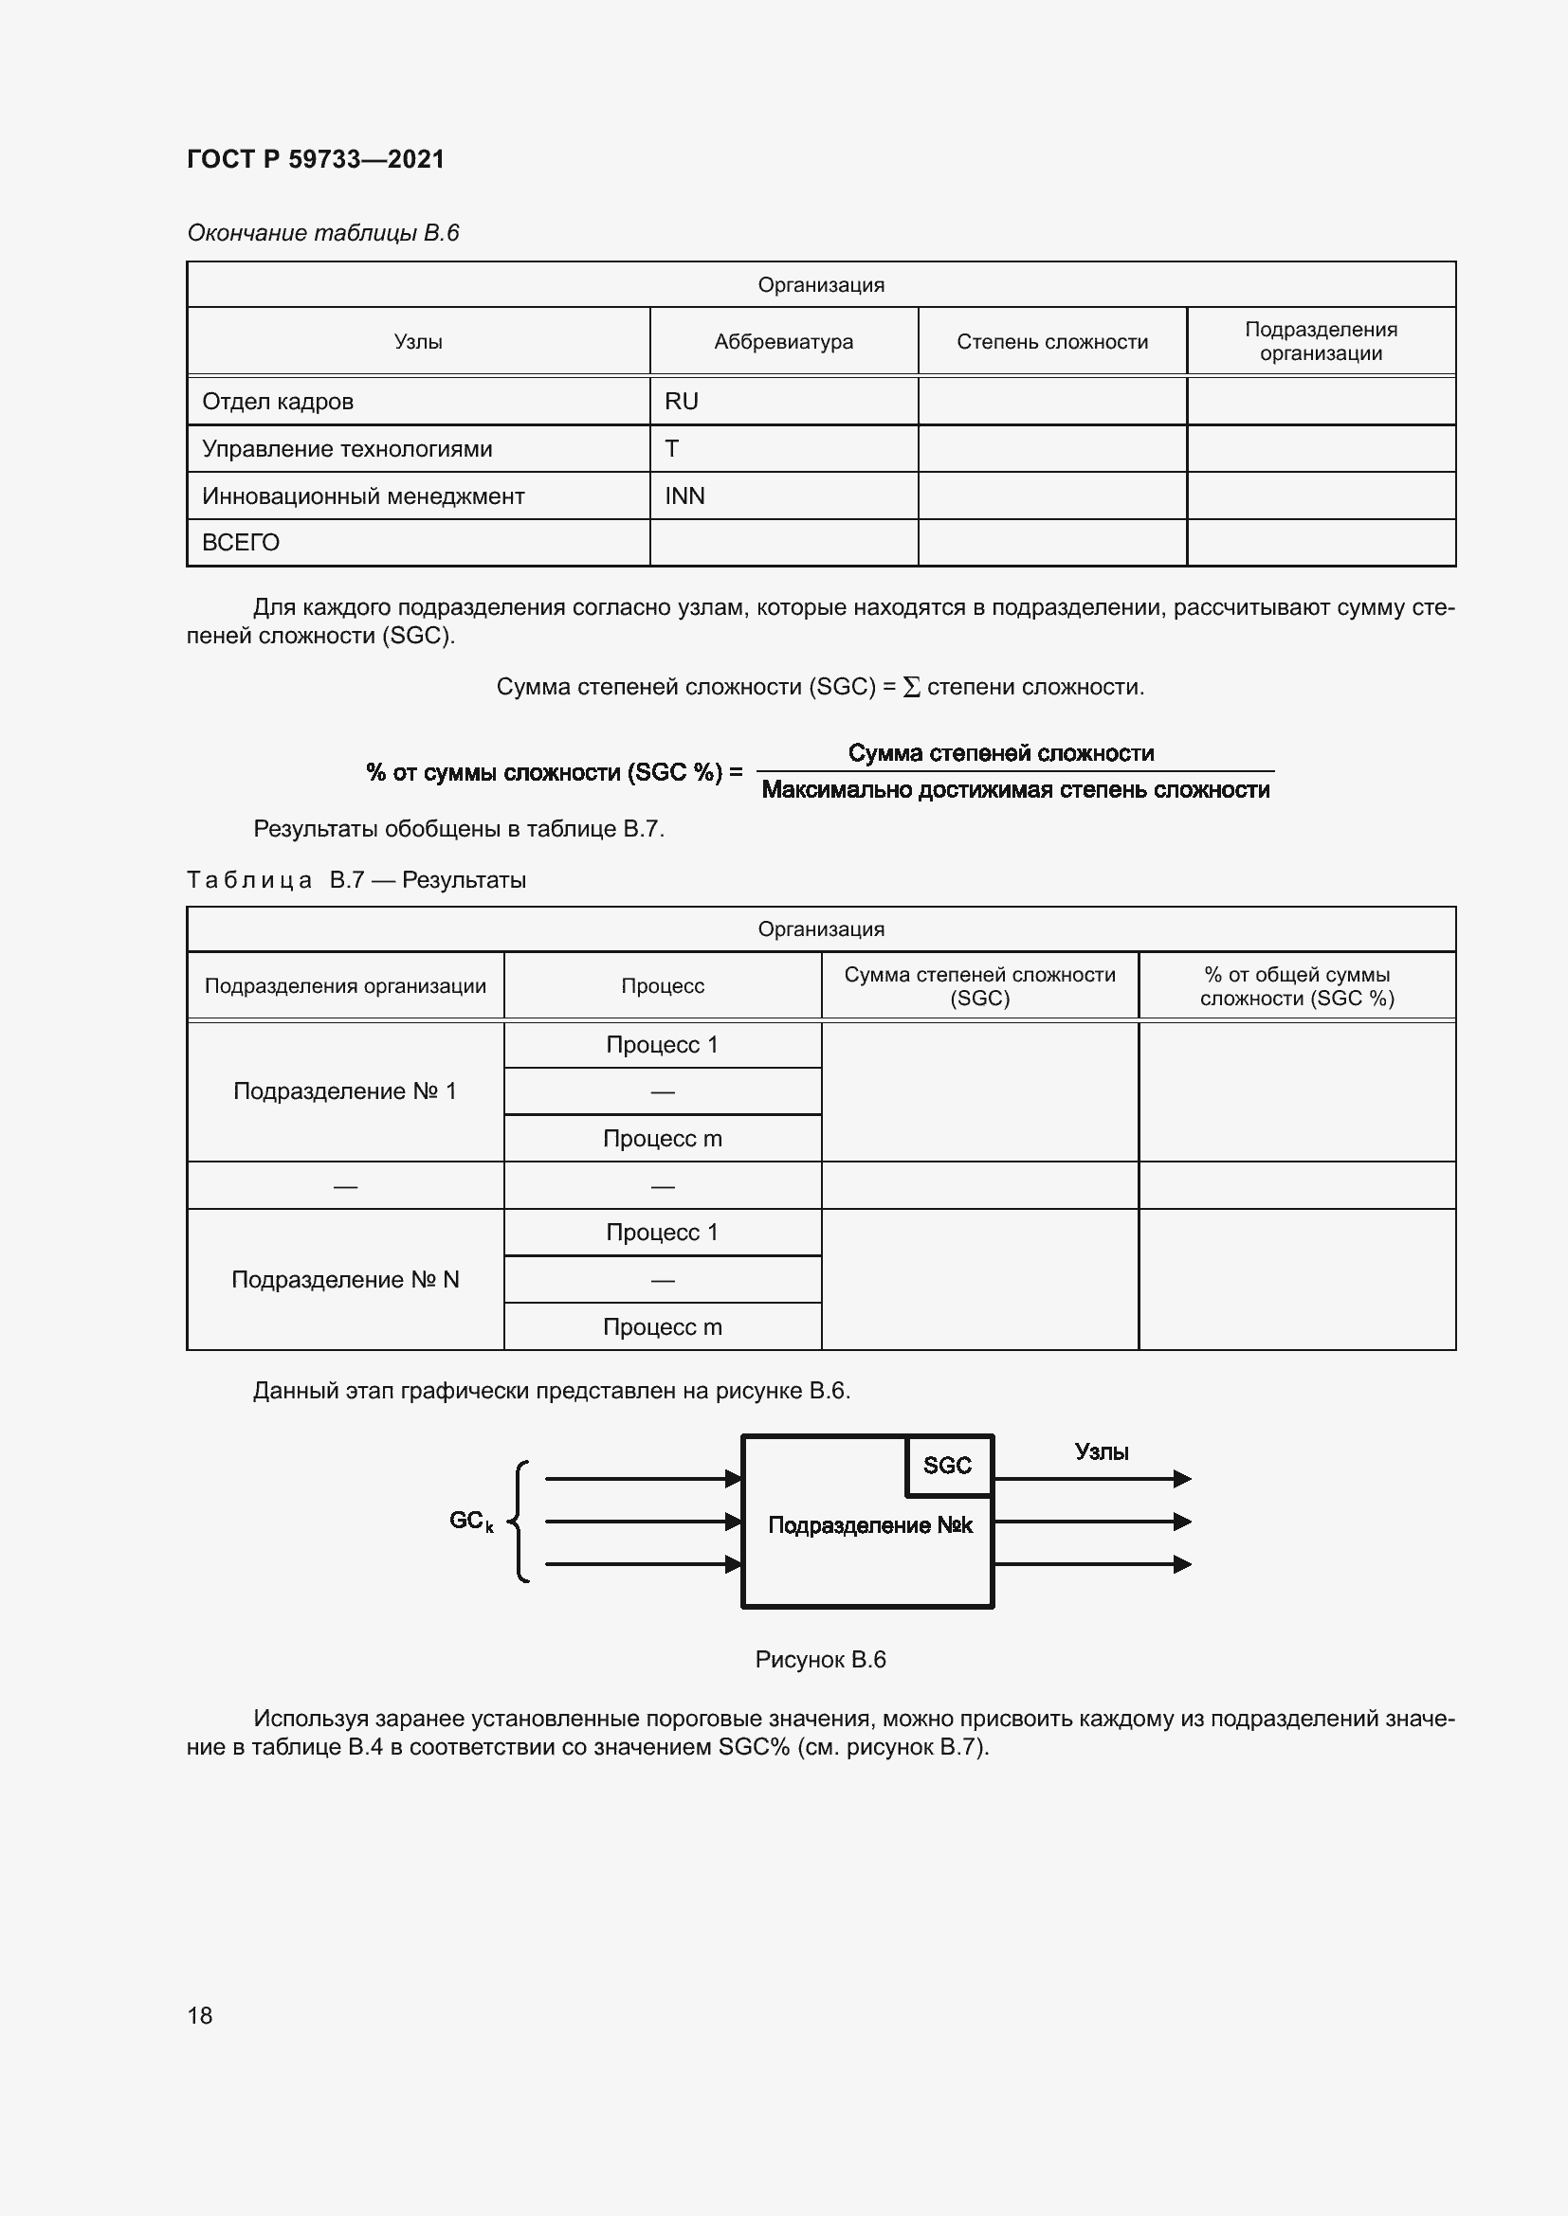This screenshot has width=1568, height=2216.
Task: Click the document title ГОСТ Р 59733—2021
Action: click(315, 159)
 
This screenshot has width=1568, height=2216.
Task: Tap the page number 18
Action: click(199, 2015)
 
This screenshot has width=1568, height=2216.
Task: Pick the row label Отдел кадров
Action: click(277, 402)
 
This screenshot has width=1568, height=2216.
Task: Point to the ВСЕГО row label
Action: click(241, 543)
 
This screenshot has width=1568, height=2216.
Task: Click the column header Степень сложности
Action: click(1051, 342)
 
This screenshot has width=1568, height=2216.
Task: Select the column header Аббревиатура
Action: click(783, 342)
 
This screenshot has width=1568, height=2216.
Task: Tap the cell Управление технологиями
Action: click(347, 449)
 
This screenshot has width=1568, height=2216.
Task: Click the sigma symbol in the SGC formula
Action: click(910, 687)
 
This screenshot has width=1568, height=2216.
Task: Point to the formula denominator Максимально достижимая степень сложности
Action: click(1014, 790)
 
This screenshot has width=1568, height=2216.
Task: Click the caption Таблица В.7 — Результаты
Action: click(356, 880)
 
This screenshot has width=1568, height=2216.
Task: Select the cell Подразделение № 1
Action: click(345, 1091)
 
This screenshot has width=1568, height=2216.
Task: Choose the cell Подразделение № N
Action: click(345, 1280)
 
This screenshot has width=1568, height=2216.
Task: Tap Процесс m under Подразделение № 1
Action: click(663, 1139)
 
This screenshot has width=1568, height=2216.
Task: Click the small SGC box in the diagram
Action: click(947, 1465)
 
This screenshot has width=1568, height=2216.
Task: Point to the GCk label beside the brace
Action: click(471, 1522)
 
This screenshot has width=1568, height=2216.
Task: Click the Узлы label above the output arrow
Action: click(1101, 1451)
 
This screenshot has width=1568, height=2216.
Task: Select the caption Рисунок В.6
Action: click(820, 1659)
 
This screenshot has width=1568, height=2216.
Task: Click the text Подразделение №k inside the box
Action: click(869, 1525)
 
